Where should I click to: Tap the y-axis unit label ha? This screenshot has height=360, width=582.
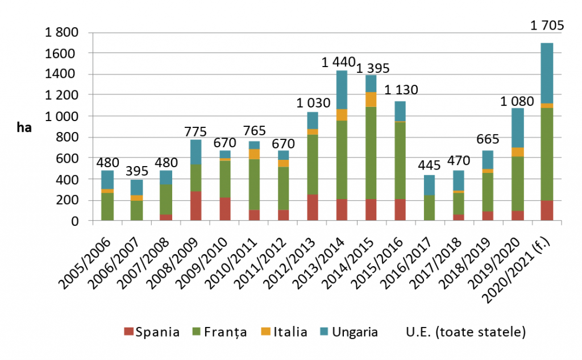pos(23,127)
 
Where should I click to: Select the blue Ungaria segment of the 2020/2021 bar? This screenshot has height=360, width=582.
pos(546,73)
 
